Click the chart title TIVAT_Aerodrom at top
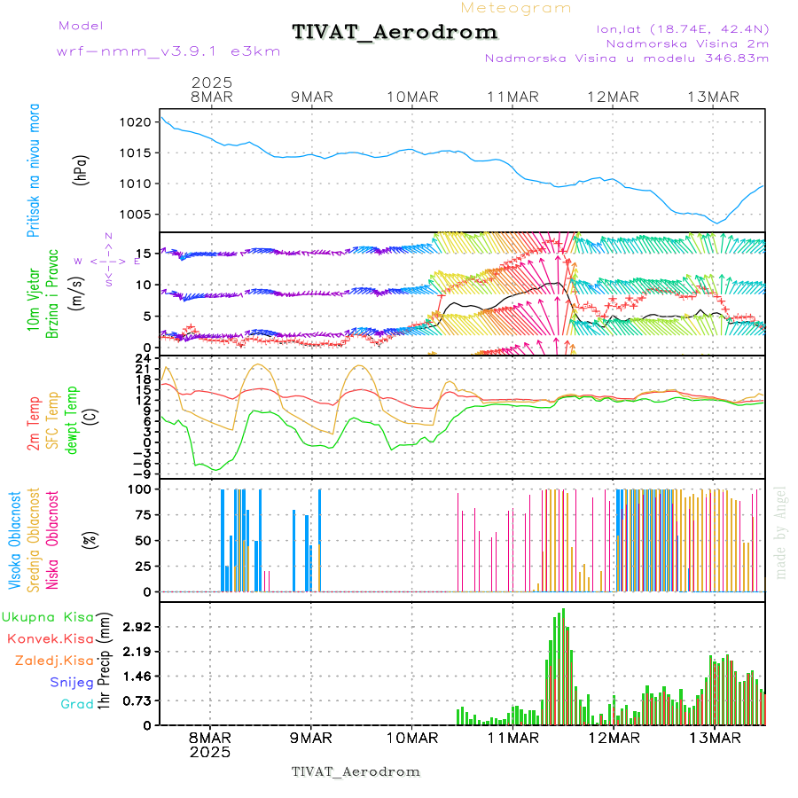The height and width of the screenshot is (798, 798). click(395, 33)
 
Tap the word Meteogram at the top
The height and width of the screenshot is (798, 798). click(517, 8)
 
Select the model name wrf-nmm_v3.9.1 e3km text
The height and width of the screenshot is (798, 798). click(168, 51)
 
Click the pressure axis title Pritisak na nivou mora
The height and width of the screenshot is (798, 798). click(34, 173)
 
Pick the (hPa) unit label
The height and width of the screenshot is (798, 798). click(82, 169)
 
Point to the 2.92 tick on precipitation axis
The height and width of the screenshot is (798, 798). click(137, 627)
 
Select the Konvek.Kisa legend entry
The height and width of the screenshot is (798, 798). click(50, 638)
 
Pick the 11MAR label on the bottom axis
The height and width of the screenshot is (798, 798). click(513, 739)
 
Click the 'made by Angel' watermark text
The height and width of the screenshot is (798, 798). click(781, 532)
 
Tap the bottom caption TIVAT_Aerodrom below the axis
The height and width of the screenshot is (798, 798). click(356, 771)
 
